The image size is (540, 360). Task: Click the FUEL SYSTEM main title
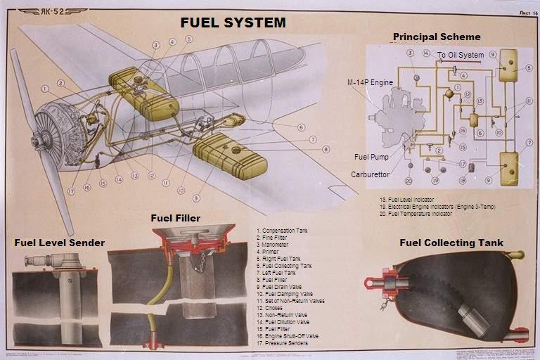click(x=233, y=22)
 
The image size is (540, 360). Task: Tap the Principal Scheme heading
click(x=437, y=37)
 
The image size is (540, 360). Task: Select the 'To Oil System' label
click(x=461, y=55)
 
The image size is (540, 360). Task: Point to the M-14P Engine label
click(x=370, y=82)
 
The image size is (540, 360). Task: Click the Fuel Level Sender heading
click(x=60, y=243)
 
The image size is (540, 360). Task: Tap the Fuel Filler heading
click(x=176, y=218)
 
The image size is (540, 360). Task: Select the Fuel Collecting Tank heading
click(x=451, y=243)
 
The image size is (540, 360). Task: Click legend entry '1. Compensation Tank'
click(x=283, y=231)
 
